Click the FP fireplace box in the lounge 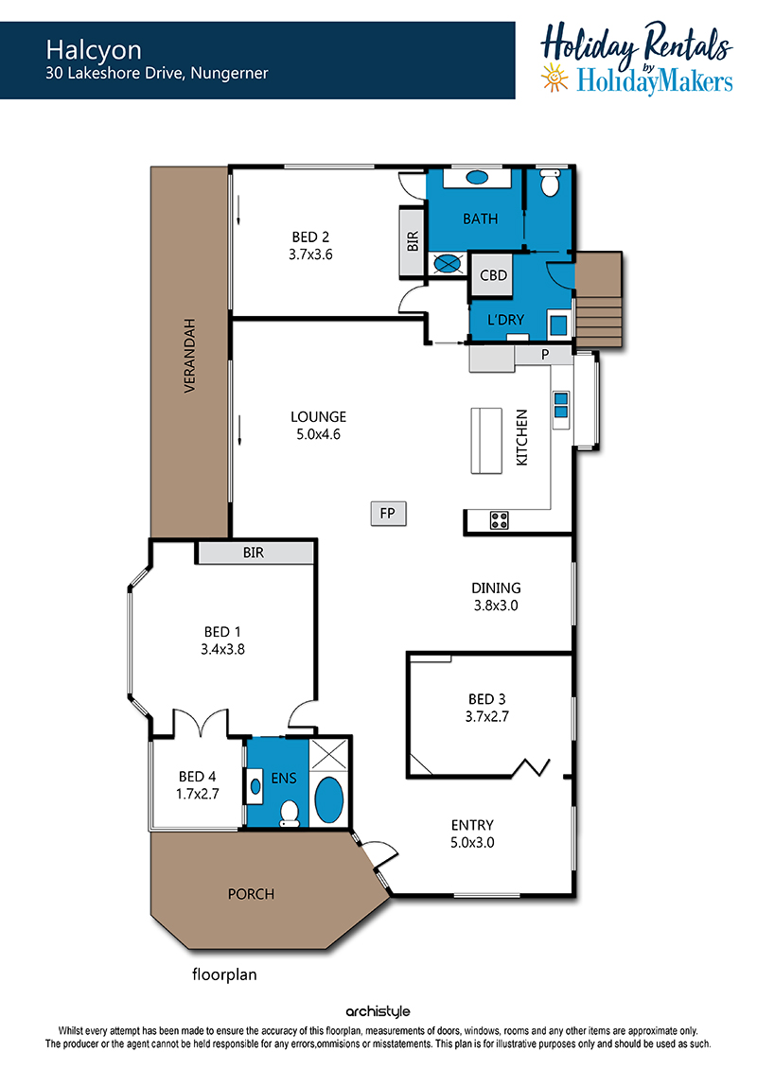388,513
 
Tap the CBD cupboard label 493,275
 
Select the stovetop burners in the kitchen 499,520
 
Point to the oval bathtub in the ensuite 329,799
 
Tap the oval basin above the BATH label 477,178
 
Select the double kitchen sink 560,405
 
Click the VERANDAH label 190,355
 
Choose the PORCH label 251,894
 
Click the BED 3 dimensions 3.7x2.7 486,716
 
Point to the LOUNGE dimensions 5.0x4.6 318,434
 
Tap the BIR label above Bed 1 254,553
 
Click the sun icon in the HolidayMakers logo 555,78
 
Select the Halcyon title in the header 95,50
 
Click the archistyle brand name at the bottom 378,1011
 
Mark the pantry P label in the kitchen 545,355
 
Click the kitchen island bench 486,441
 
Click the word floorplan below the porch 224,974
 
